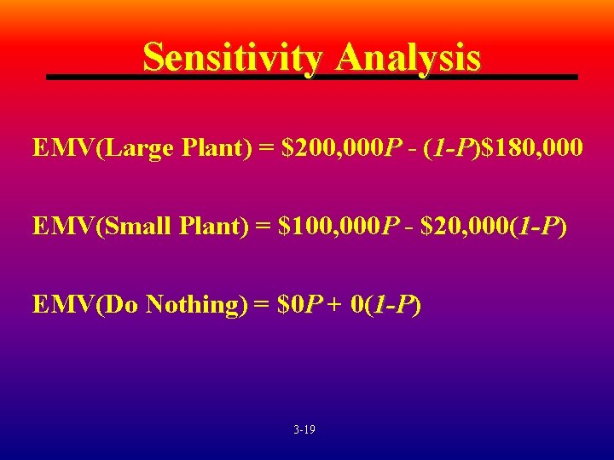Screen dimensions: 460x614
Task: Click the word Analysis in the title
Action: (408, 58)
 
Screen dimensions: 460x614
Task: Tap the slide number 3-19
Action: (304, 430)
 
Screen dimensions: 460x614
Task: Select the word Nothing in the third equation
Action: (190, 304)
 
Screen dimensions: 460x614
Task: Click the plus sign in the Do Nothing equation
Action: (330, 305)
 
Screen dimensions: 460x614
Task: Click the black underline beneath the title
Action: (311, 78)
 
